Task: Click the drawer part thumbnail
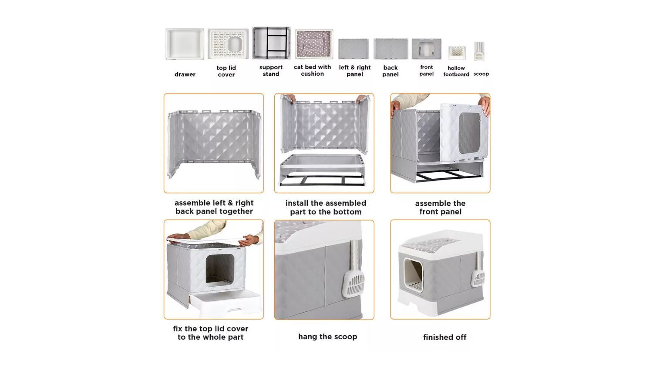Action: click(185, 43)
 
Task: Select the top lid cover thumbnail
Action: click(228, 43)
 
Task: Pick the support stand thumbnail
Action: click(271, 43)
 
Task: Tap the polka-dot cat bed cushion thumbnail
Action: click(314, 43)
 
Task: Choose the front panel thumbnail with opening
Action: click(426, 49)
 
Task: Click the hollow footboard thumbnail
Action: click(457, 53)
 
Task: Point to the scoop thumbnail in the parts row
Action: click(479, 51)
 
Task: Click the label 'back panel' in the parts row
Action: click(390, 71)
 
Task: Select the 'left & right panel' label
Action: click(354, 70)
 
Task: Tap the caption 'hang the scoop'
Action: click(327, 337)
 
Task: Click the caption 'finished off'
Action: click(444, 337)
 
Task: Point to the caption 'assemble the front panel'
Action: click(440, 207)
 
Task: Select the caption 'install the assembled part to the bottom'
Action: click(326, 207)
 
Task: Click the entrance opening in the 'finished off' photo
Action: click(414, 275)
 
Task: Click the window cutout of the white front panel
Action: click(469, 133)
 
